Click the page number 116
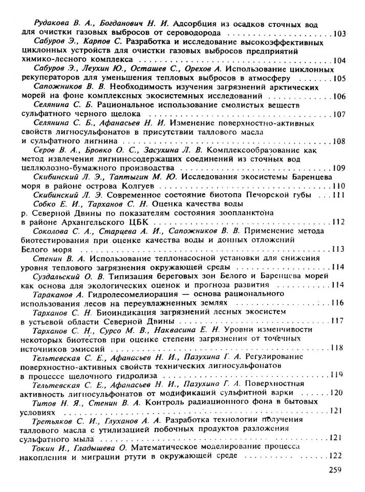(x=336, y=303)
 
